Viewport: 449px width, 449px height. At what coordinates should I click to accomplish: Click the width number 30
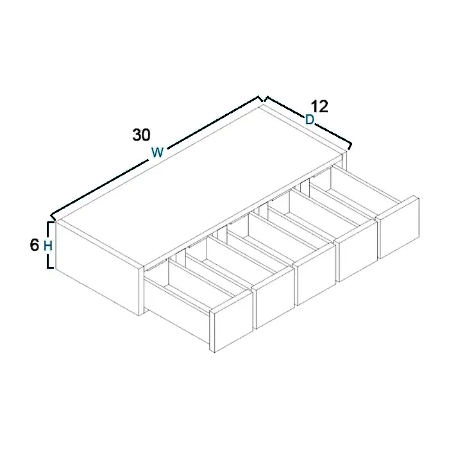click(142, 135)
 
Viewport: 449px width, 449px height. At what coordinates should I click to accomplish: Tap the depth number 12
click(319, 106)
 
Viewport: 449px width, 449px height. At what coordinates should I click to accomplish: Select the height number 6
click(35, 245)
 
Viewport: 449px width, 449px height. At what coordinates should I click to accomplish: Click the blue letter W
click(158, 153)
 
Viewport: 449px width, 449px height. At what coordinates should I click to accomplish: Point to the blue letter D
click(310, 120)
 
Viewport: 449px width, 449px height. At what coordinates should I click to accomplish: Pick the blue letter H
click(48, 246)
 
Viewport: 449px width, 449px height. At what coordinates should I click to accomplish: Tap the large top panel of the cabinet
click(200, 183)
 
